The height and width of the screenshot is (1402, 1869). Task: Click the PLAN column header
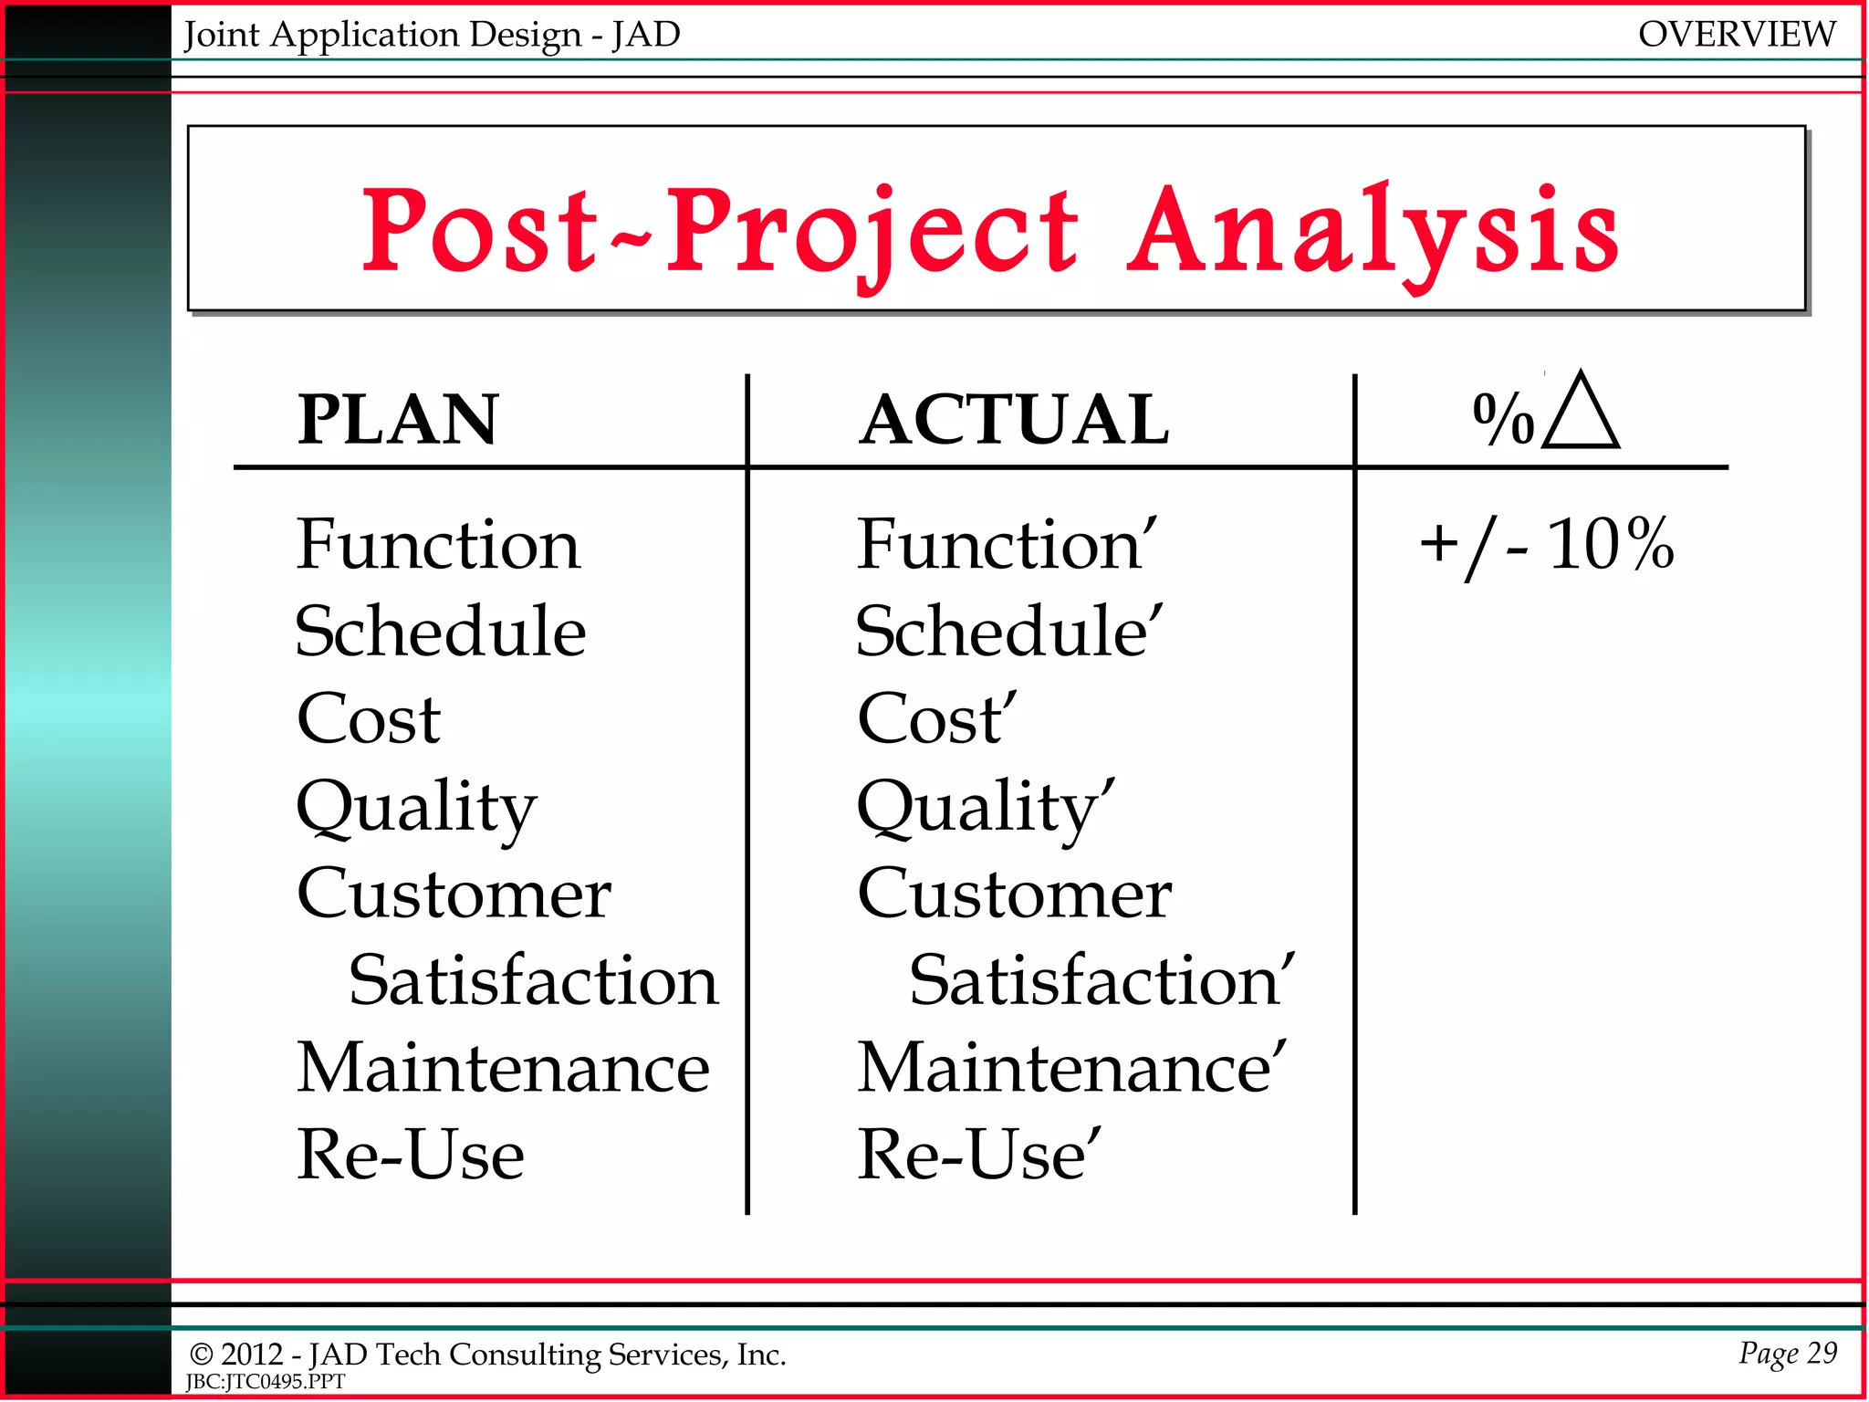tap(398, 420)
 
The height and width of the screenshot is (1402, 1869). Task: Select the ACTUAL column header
tap(1014, 420)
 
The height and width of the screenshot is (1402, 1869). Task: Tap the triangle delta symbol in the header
tap(1582, 413)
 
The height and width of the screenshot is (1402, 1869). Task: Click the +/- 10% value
tap(1547, 545)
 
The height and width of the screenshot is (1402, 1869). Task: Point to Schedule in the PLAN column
tap(440, 632)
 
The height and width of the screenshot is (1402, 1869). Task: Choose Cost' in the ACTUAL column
tap(936, 719)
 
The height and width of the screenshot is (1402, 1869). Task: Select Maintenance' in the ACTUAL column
tap(1071, 1068)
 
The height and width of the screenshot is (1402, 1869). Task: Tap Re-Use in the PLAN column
tap(411, 1156)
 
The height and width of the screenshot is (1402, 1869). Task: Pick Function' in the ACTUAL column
tap(1007, 545)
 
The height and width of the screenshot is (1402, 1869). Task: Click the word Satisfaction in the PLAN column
tap(534, 981)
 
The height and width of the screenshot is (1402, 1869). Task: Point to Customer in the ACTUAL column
tap(1014, 895)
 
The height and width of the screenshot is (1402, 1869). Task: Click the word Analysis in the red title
tap(1373, 232)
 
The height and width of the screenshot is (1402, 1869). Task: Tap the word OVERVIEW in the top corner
tap(1736, 35)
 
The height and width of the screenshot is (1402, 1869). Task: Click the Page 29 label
tap(1787, 1353)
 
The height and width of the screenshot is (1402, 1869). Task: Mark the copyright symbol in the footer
tap(201, 1355)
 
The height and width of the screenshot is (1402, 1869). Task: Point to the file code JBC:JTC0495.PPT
tap(266, 1382)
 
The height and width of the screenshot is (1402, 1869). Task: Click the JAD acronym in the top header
tap(646, 35)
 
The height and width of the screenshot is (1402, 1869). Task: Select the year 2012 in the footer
tap(251, 1355)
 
